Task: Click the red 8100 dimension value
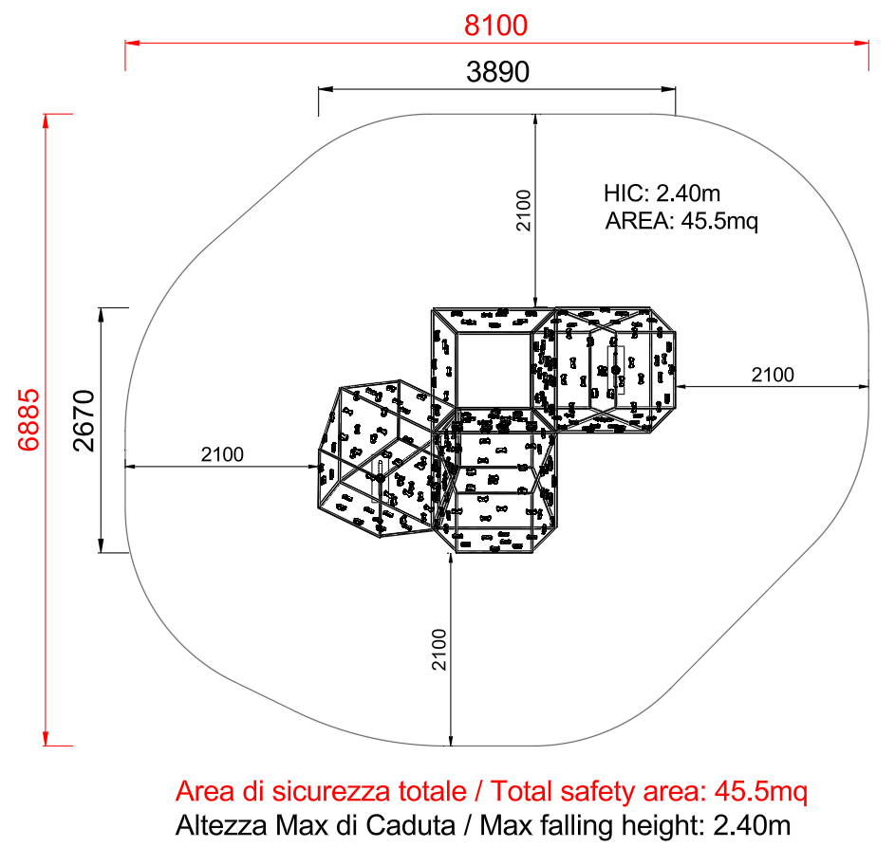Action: [x=495, y=26]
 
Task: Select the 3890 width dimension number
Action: [x=497, y=72]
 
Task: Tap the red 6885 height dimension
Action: [x=28, y=420]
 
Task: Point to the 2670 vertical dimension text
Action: [x=84, y=420]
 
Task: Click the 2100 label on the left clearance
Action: [x=222, y=454]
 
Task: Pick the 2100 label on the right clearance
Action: [x=773, y=375]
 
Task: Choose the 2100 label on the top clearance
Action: [x=523, y=211]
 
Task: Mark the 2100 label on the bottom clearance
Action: [x=438, y=649]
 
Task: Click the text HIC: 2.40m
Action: [x=662, y=193]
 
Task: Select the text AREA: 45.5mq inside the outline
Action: [x=681, y=221]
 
